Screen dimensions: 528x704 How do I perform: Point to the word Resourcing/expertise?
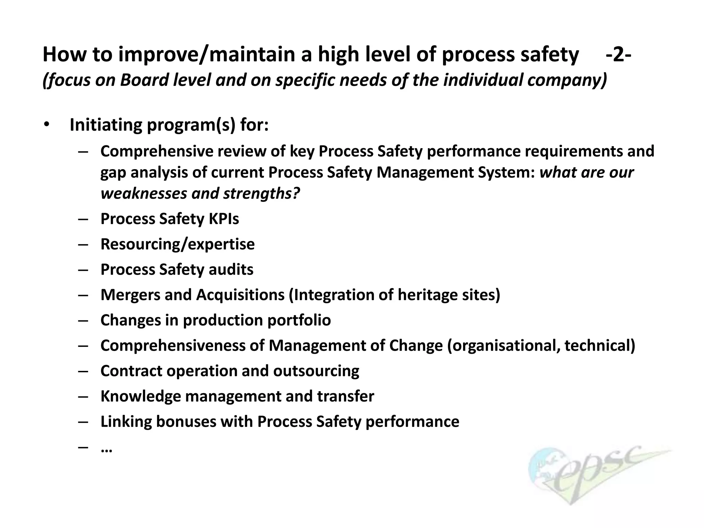(x=177, y=244)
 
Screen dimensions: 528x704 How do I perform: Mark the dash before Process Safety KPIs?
(x=83, y=219)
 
